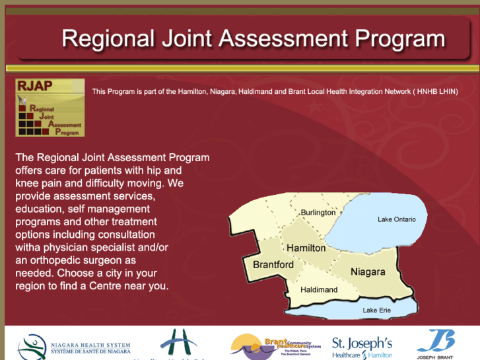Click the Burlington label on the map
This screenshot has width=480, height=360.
(318, 213)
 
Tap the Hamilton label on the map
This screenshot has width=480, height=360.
(306, 248)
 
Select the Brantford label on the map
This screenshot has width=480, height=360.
(273, 264)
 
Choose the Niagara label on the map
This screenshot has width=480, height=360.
(368, 271)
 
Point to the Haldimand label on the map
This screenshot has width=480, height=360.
(319, 289)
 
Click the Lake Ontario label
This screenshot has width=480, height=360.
(396, 219)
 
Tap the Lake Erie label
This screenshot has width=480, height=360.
(378, 310)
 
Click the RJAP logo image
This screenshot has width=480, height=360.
(50, 108)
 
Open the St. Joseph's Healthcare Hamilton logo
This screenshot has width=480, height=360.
(362, 347)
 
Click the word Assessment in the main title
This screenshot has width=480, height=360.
(285, 38)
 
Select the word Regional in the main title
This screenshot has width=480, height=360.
(107, 38)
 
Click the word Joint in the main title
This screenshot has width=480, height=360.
(186, 38)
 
